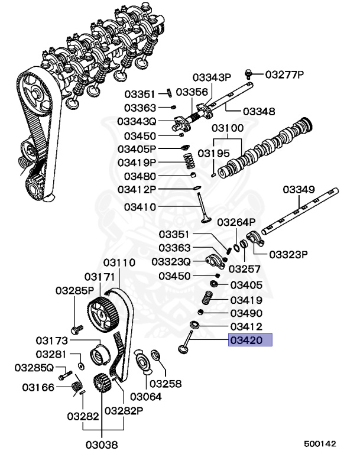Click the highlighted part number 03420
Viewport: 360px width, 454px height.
[250, 340]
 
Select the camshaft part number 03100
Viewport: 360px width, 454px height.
[228, 128]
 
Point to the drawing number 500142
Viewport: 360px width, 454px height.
[320, 442]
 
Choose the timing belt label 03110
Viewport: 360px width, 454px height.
[119, 262]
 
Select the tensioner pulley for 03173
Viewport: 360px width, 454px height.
[98, 357]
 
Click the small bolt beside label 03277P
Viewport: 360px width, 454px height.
[249, 74]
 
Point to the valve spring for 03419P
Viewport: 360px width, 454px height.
[188, 160]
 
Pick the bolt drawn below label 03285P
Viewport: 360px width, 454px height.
[75, 327]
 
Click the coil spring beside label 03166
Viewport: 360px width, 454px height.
[76, 387]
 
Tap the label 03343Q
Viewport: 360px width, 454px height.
[136, 121]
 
